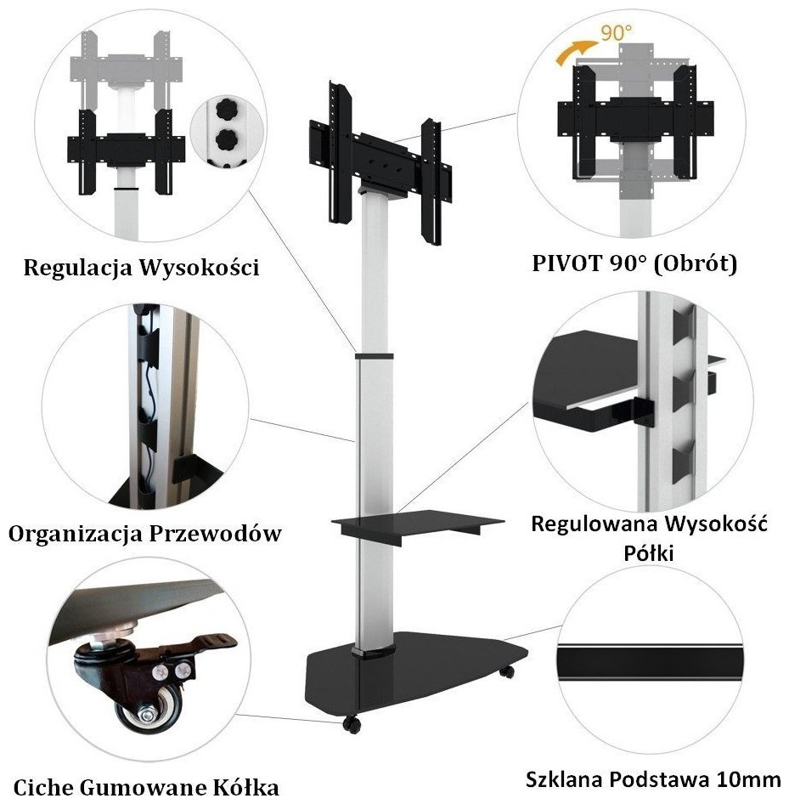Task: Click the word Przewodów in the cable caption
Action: (x=215, y=534)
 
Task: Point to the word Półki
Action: (x=649, y=553)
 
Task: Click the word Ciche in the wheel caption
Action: (x=44, y=788)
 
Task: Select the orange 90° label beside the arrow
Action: (x=617, y=34)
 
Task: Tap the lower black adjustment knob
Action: (x=225, y=139)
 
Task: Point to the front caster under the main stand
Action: (x=352, y=723)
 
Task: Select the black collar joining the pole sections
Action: (x=374, y=356)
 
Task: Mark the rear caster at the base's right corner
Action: (x=507, y=671)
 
